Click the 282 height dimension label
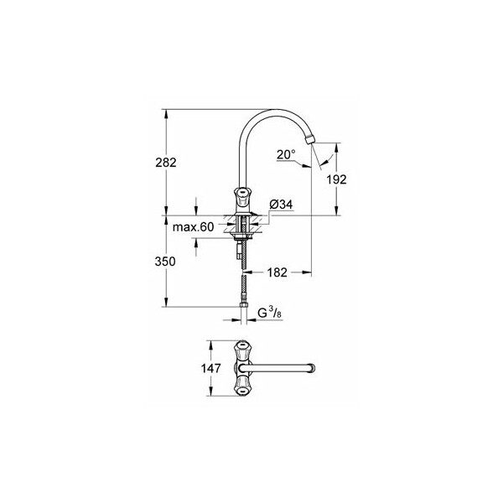click(166, 163)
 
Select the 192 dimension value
click(336, 179)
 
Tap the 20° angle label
click(286, 154)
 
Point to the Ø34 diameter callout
click(281, 205)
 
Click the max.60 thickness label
click(193, 227)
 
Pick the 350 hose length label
click(165, 262)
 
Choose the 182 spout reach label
click(277, 272)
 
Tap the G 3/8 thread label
click(270, 313)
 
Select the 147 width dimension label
click(211, 368)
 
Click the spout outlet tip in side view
click(310, 140)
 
